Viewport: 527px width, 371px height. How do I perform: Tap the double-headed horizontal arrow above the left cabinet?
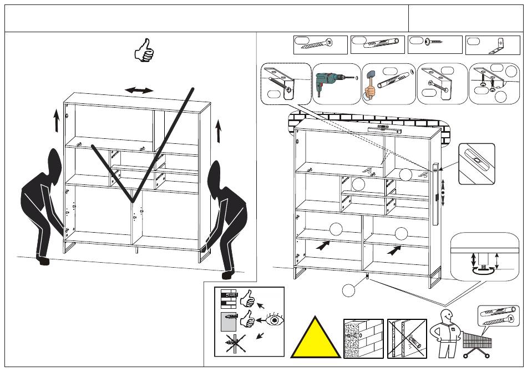click(139, 90)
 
